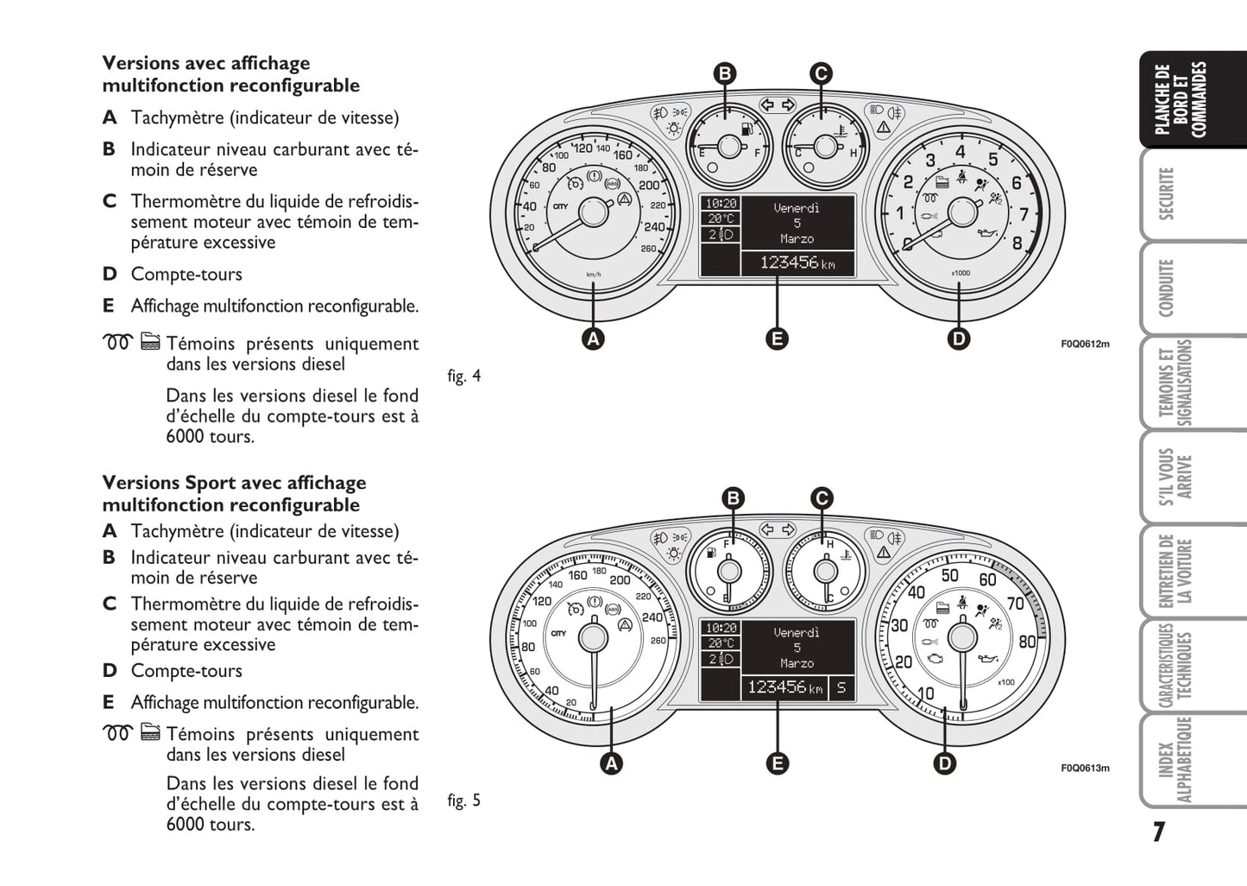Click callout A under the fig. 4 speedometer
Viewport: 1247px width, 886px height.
coord(593,339)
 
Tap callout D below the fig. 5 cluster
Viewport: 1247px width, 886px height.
coord(945,763)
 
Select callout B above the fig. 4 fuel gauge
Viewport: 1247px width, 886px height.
coord(725,73)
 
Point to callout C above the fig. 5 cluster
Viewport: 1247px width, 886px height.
coord(822,498)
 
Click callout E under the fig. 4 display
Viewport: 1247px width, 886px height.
coord(777,339)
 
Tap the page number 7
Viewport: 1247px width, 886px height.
coord(1158,832)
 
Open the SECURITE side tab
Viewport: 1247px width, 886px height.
coord(1168,194)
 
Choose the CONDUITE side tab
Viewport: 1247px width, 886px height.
coord(1168,288)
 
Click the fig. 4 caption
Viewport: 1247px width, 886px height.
coord(464,377)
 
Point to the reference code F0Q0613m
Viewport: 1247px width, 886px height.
coord(1085,769)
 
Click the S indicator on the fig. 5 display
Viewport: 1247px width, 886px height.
coord(841,688)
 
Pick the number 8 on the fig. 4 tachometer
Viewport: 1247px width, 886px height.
coord(1017,243)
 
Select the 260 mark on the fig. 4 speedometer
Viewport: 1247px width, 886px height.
coord(648,249)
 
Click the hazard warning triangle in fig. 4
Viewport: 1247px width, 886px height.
coord(883,128)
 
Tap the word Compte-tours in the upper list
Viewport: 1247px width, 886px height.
coord(186,275)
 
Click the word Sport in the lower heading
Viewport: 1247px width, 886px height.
coord(209,483)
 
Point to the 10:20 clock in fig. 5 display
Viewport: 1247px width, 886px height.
coord(721,629)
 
